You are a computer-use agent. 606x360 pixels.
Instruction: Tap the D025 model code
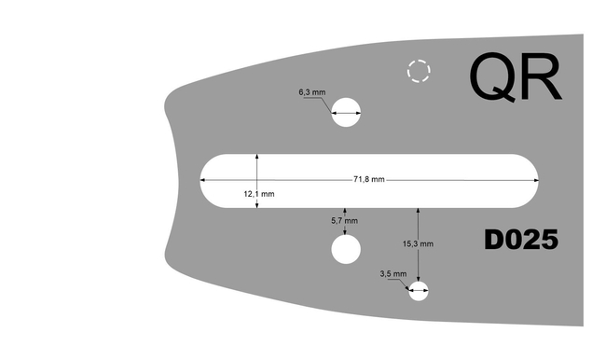(521, 241)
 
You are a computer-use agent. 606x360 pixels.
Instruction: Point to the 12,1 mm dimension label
(258, 194)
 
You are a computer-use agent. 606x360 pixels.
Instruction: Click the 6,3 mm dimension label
(311, 93)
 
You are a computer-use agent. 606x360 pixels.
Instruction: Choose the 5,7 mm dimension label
(345, 221)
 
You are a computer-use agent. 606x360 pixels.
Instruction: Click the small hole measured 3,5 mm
(420, 291)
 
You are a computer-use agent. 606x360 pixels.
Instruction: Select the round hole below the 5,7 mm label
(345, 249)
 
